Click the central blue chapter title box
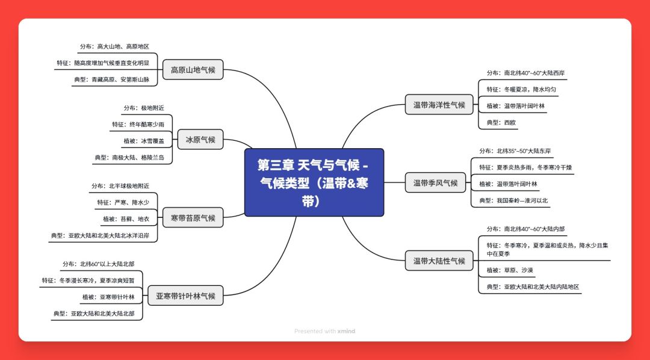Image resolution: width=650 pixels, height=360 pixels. tap(314, 182)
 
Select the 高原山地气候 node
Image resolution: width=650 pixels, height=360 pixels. tap(193, 70)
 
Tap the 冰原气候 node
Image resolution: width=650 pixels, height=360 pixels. tap(200, 139)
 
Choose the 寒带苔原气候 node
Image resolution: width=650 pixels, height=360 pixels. tap(193, 217)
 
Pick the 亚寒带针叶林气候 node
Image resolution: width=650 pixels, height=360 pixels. tap(185, 296)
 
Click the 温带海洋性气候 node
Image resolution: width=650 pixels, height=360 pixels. tap(439, 105)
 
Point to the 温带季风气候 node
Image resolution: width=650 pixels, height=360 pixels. tap(435, 182)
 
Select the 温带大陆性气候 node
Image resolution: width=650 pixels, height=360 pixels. tap(439, 261)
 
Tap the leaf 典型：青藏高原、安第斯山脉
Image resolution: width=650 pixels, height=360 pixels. tap(111, 79)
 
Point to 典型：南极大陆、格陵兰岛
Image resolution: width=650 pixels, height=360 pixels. tap(129, 158)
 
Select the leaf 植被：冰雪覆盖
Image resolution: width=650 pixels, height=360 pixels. tap(144, 141)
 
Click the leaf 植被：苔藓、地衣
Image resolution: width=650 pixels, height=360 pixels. tap(126, 219)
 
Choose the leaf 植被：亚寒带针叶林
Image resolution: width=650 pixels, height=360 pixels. tap(108, 297)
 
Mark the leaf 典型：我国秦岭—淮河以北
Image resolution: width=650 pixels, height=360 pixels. tap(513, 200)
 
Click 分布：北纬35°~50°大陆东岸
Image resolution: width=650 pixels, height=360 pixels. tap(515, 151)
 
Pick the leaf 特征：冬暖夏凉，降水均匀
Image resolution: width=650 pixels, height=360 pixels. tap(521, 90)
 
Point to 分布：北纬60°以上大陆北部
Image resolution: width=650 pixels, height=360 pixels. tap(99, 264)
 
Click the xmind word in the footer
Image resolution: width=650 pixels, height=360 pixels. tap(346, 331)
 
